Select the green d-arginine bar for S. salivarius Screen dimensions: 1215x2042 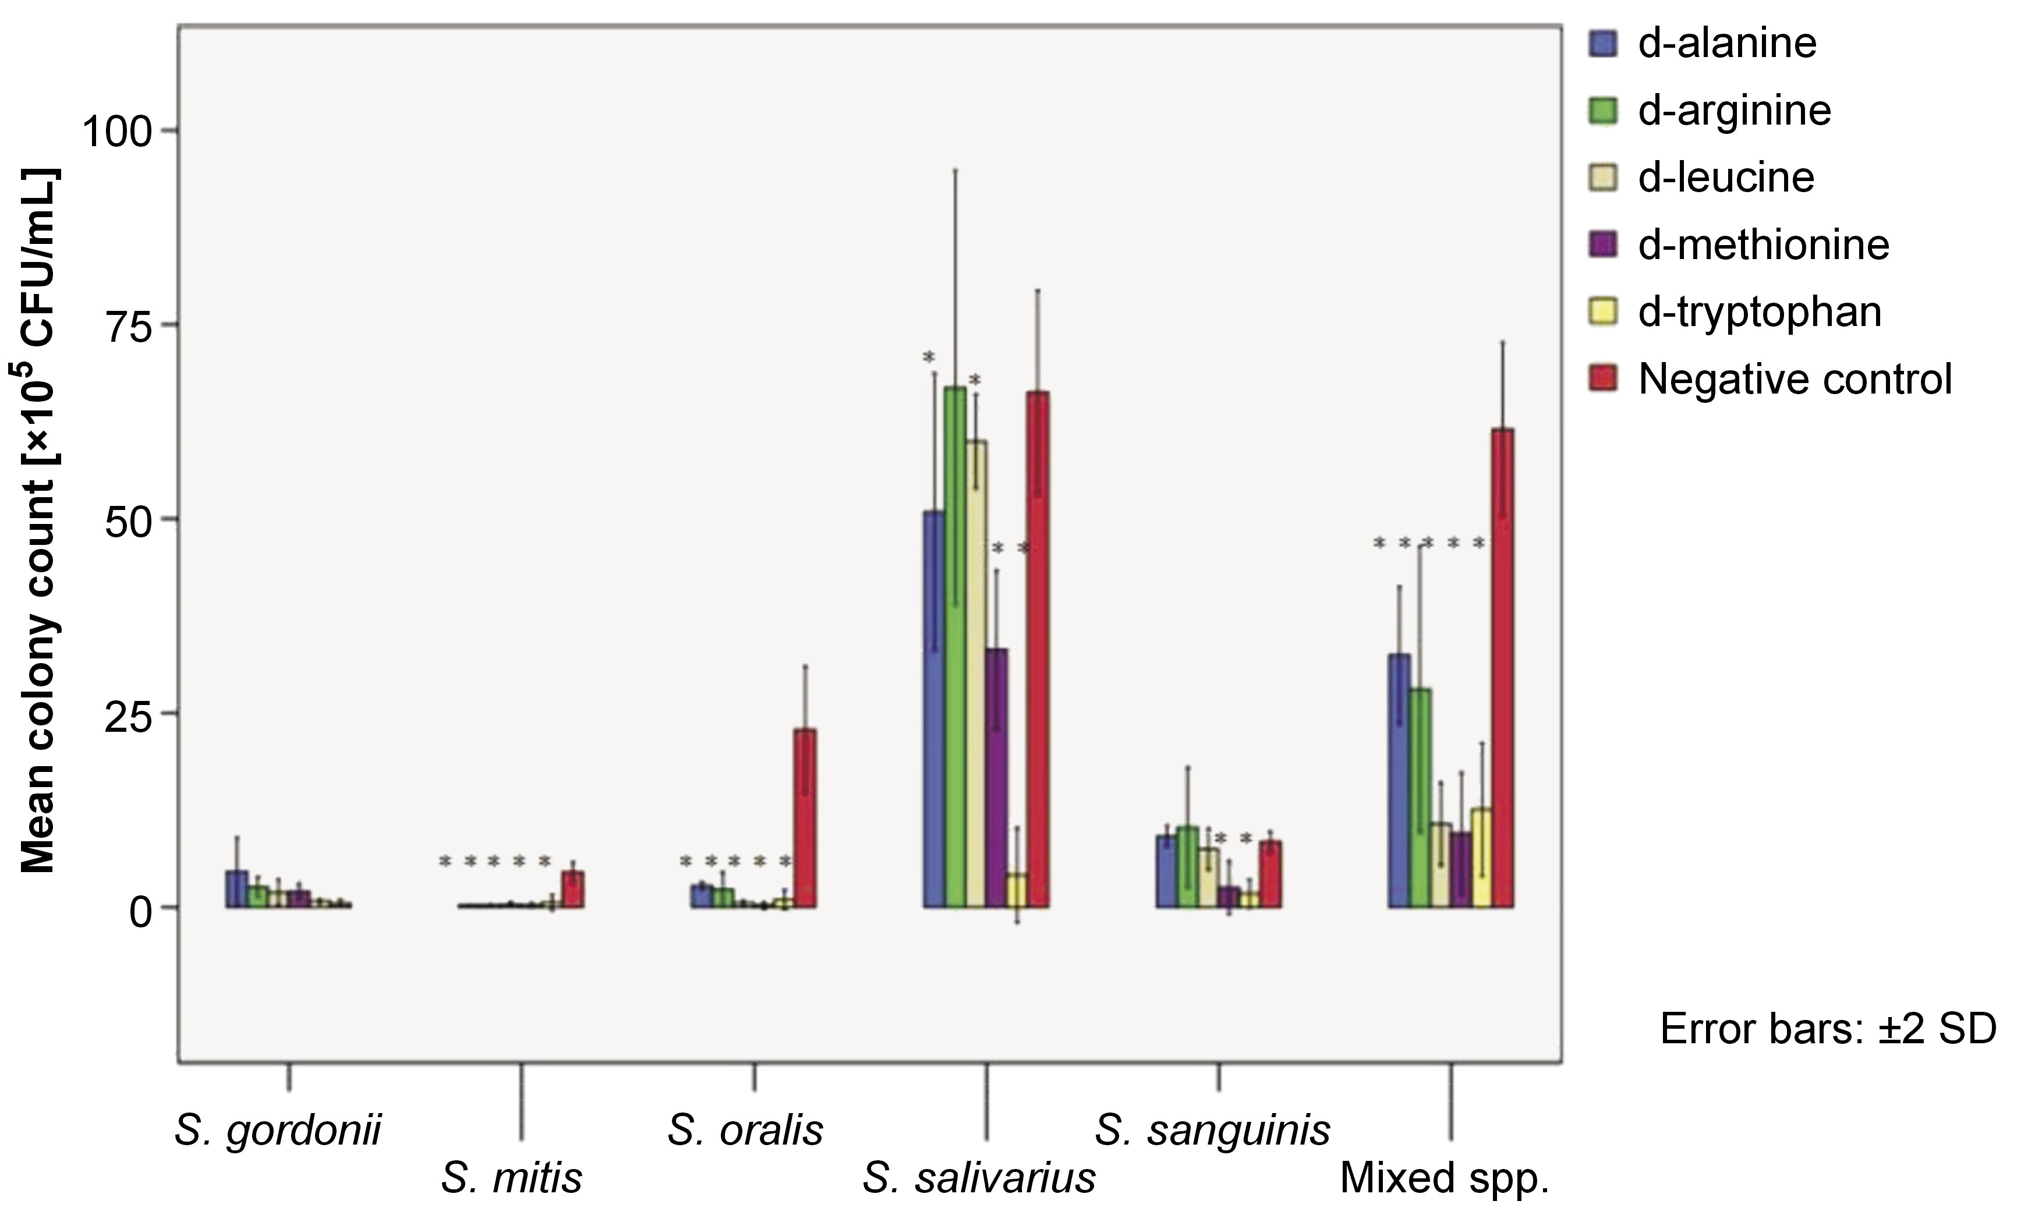955,647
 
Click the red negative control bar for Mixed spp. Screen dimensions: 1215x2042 1502,667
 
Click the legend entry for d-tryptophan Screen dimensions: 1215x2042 1760,312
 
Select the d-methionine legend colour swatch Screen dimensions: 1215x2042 1603,245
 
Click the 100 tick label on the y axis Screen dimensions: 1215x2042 119,131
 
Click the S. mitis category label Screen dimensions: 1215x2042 512,1179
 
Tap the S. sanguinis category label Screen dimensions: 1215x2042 1212,1131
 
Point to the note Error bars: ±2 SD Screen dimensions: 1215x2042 1828,1029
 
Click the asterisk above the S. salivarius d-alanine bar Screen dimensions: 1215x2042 929,359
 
